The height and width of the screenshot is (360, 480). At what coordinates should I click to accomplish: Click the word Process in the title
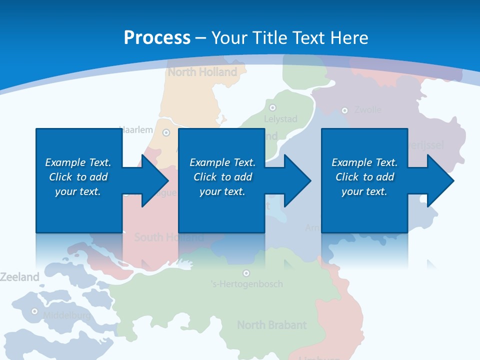point(157,38)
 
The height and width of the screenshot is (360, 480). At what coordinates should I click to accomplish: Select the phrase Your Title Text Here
point(290,38)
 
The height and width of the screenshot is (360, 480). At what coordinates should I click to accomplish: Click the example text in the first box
point(78,177)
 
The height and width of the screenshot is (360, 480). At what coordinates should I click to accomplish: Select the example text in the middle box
point(222,177)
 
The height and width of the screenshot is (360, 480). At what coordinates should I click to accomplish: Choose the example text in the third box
point(364,177)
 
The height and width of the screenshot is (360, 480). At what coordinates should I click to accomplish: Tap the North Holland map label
point(202,72)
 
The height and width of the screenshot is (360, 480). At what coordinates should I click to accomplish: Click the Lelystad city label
point(280,119)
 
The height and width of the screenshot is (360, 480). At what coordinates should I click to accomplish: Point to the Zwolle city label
point(367,110)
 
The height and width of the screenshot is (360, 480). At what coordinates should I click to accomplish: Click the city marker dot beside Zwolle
point(344,110)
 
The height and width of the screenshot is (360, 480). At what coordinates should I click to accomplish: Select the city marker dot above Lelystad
point(272,107)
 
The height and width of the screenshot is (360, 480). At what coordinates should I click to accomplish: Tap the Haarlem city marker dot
point(166,132)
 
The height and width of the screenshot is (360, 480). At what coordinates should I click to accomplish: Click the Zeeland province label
point(19,276)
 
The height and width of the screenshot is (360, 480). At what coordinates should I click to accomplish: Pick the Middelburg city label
point(66,315)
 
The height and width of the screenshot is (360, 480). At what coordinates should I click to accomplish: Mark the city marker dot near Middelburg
point(34,311)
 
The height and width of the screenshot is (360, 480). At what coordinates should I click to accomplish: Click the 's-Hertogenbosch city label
point(246,284)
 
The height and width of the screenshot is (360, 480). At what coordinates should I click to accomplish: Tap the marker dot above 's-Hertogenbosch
point(246,273)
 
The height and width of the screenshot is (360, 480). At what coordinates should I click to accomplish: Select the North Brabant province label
point(271,325)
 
